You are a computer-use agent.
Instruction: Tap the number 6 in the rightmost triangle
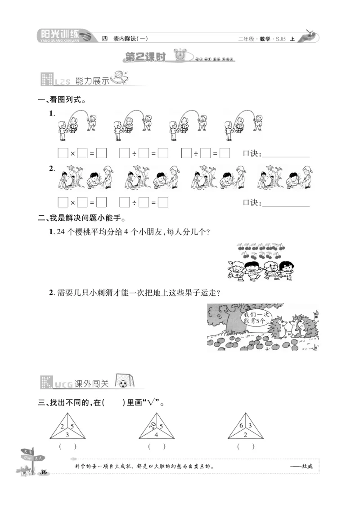click(x=241, y=425)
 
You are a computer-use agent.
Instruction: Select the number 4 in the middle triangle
click(x=156, y=435)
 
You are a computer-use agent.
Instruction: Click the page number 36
click(x=44, y=472)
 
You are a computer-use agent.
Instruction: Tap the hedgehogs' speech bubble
click(x=255, y=318)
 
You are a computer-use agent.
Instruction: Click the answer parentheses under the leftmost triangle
click(x=67, y=446)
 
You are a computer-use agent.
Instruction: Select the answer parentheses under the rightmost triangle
click(x=246, y=446)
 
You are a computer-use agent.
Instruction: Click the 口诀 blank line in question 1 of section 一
click(x=285, y=154)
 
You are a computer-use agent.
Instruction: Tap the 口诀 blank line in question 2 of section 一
click(x=285, y=203)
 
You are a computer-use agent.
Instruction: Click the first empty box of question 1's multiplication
click(x=63, y=154)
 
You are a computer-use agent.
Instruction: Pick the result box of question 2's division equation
click(x=163, y=203)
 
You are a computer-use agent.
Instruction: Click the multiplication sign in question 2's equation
click(x=72, y=203)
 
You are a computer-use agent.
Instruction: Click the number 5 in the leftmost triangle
click(x=72, y=425)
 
